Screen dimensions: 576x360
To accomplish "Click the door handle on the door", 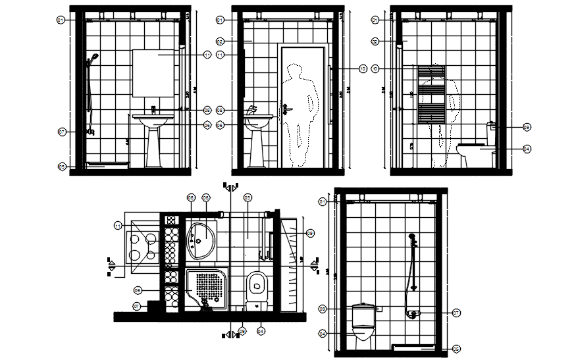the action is (286, 111).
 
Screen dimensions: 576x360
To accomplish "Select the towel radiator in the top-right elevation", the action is (431, 93).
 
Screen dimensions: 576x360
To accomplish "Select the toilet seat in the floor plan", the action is (257, 284).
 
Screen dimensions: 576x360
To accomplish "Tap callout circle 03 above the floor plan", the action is (248, 197).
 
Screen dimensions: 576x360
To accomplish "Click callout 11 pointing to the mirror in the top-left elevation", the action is (207, 55).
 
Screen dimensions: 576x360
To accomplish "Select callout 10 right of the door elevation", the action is (363, 68).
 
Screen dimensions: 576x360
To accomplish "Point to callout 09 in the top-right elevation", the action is (527, 127).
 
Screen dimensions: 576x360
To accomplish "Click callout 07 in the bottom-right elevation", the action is (456, 313).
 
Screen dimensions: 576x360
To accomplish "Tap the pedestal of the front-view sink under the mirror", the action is (154, 146).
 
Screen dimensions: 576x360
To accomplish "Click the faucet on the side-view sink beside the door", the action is (251, 110).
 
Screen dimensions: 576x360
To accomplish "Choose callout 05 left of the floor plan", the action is (138, 290).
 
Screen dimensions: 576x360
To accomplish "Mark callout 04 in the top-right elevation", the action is (527, 149).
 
